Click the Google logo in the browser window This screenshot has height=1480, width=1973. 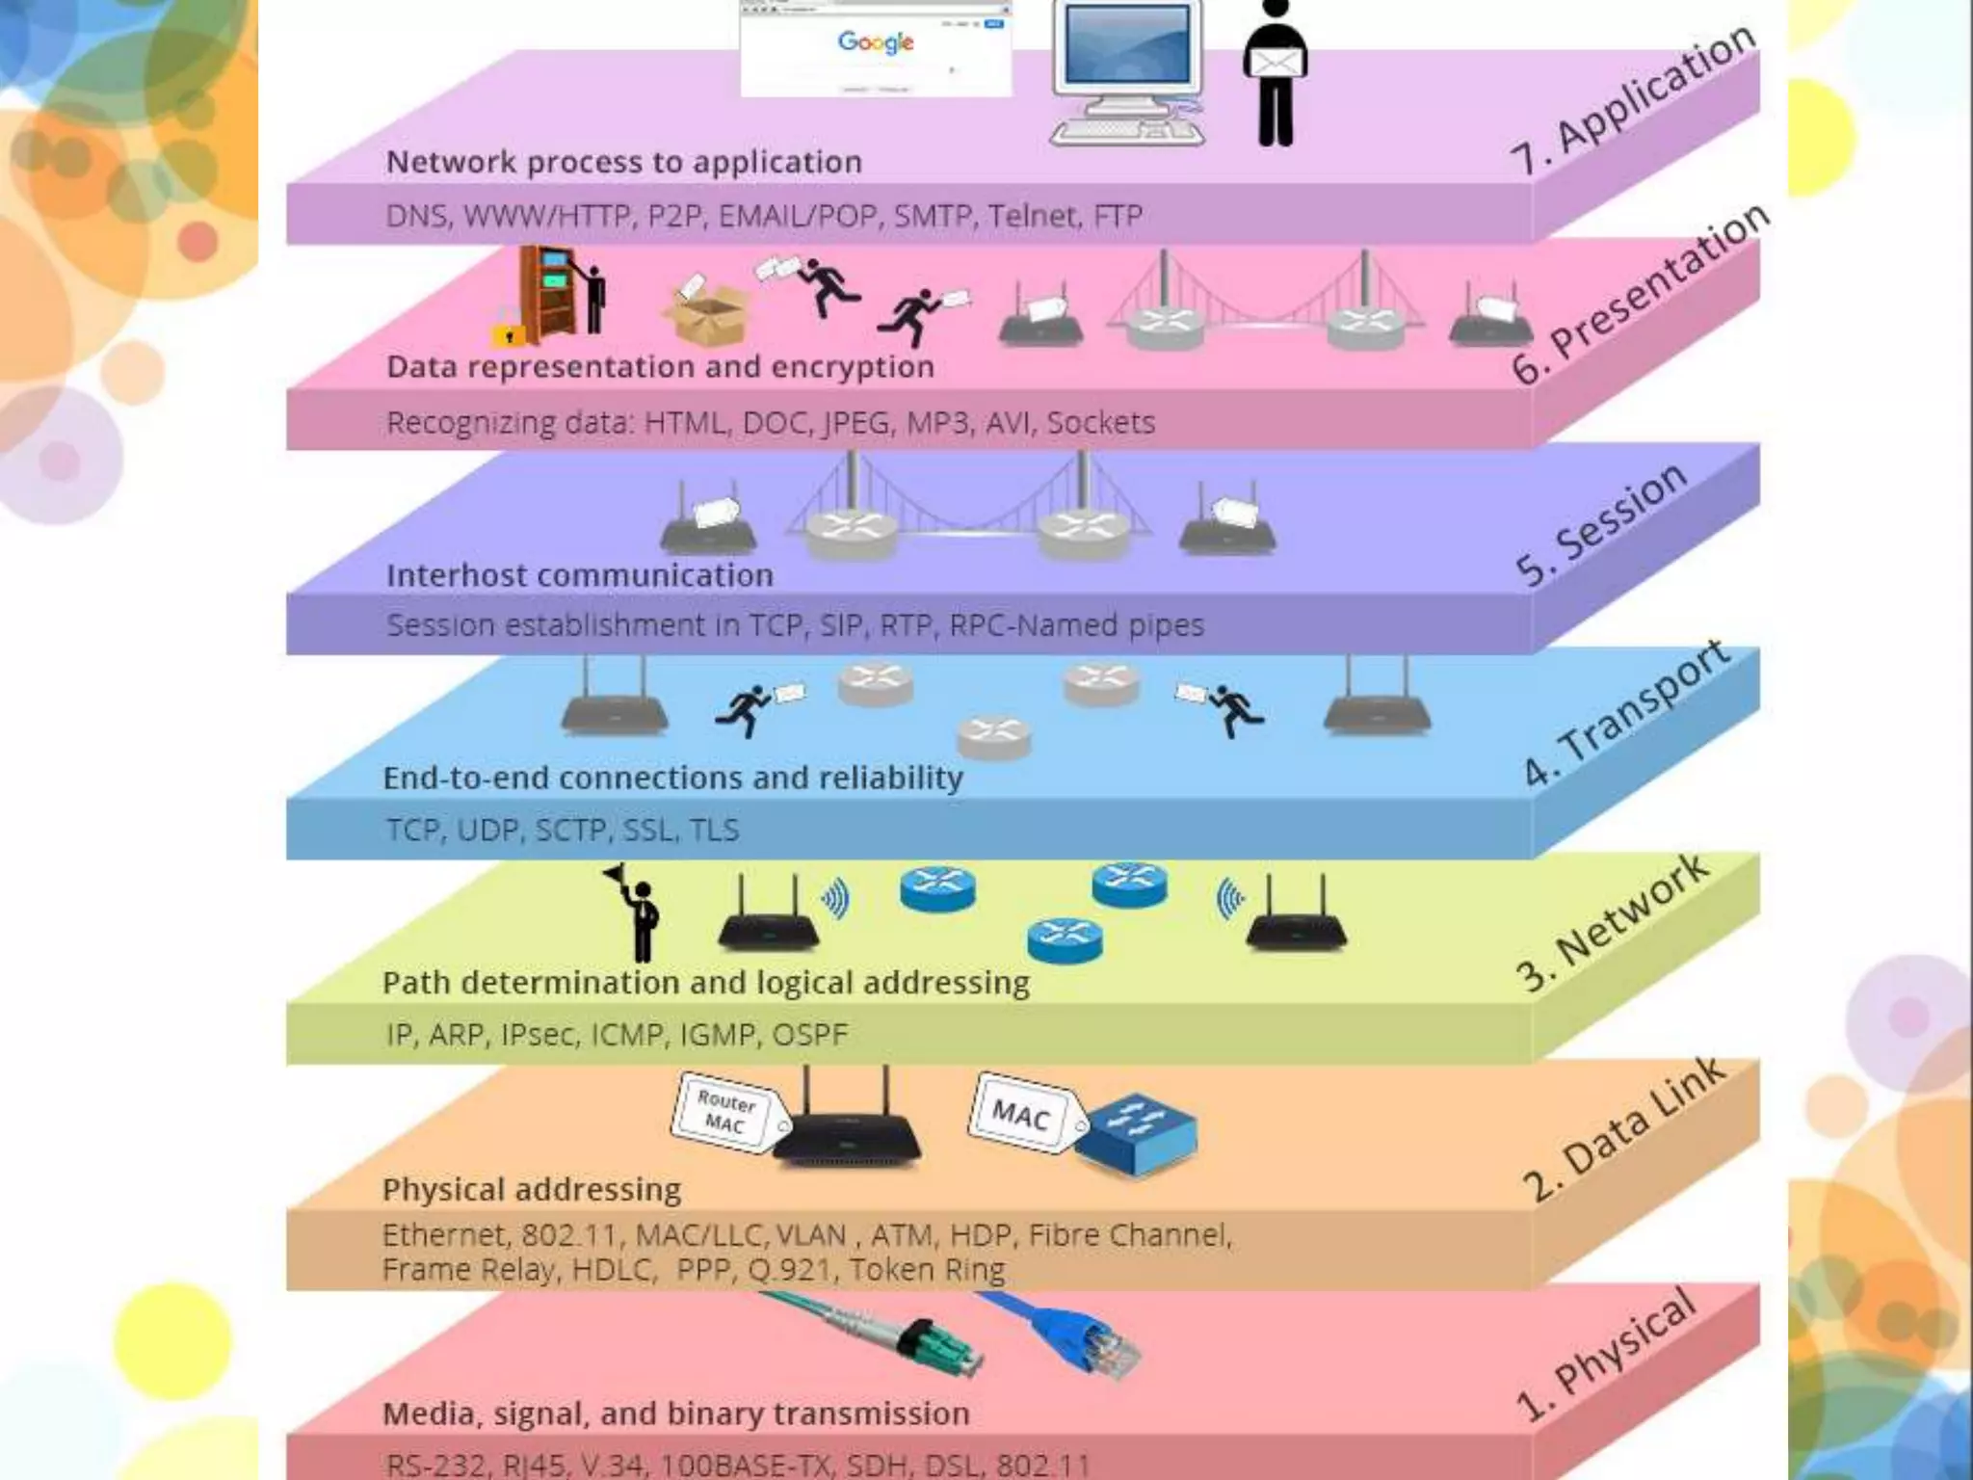875,41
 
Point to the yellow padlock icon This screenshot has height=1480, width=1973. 508,330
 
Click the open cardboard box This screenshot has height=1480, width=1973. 705,316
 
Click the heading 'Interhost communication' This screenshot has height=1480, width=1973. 580,575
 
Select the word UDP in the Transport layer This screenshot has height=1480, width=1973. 487,830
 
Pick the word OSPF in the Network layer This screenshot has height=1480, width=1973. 809,1035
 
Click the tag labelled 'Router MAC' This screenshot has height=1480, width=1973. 725,1112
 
